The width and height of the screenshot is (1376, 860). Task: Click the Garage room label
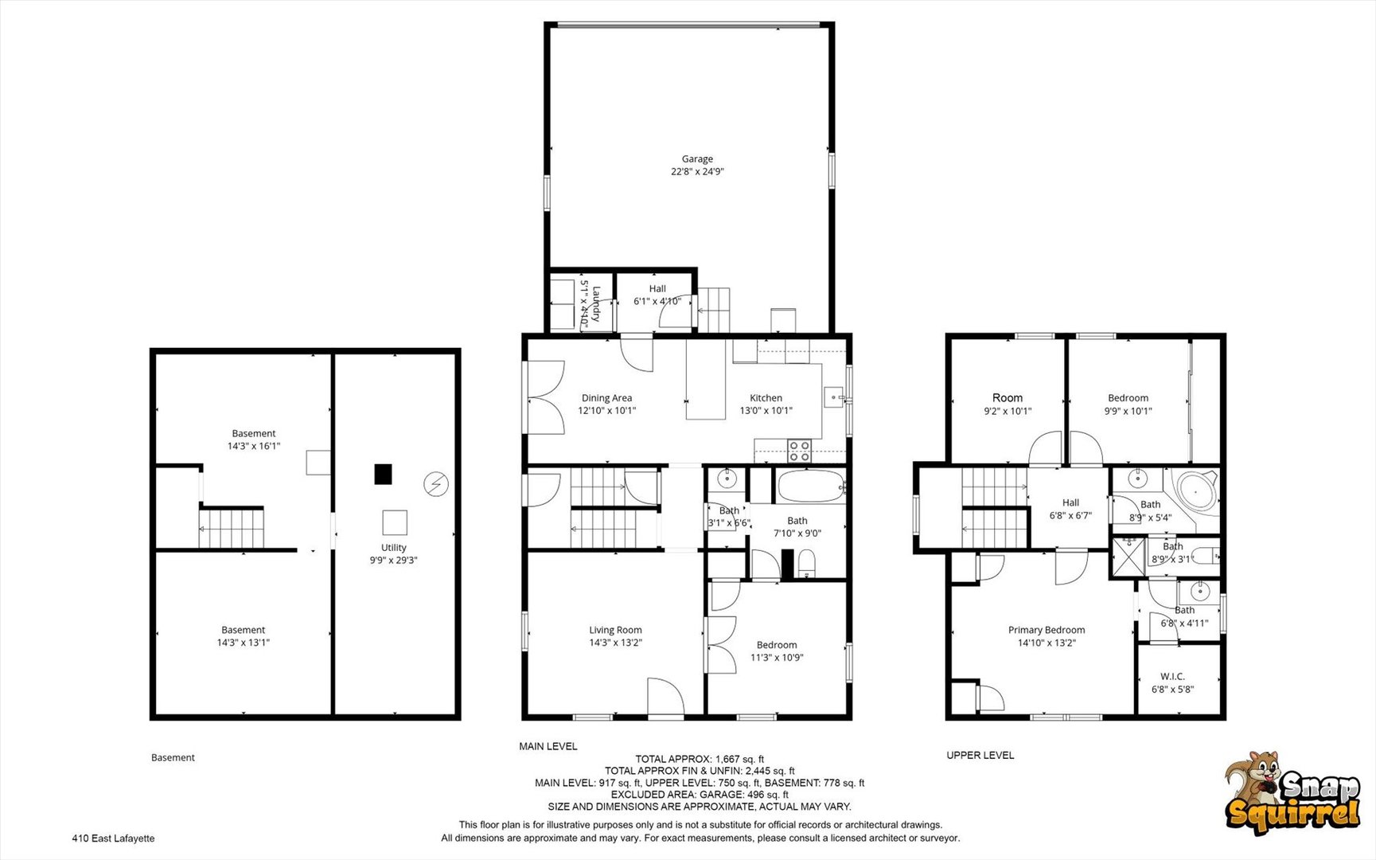click(697, 158)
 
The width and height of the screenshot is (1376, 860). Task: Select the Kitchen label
click(766, 397)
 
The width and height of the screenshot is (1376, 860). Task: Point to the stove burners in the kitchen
click(799, 451)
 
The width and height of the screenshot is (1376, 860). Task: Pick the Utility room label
click(393, 547)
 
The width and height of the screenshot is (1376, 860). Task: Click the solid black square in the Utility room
click(384, 475)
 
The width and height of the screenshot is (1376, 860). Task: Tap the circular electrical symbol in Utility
click(436, 484)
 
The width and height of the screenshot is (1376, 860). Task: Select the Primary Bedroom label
click(1047, 630)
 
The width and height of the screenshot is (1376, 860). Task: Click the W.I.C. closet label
click(1172, 676)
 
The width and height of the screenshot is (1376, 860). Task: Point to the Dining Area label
click(606, 397)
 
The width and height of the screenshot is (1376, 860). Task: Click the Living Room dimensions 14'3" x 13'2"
click(615, 643)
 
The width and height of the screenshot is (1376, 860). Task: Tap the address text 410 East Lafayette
click(113, 838)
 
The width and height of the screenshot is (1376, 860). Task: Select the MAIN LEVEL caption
click(548, 746)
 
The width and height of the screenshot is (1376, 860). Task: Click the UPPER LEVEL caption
click(980, 755)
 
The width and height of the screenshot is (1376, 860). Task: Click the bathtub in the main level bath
click(812, 486)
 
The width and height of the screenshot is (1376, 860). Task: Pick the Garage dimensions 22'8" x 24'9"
click(697, 171)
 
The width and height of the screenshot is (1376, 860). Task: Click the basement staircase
click(231, 528)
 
